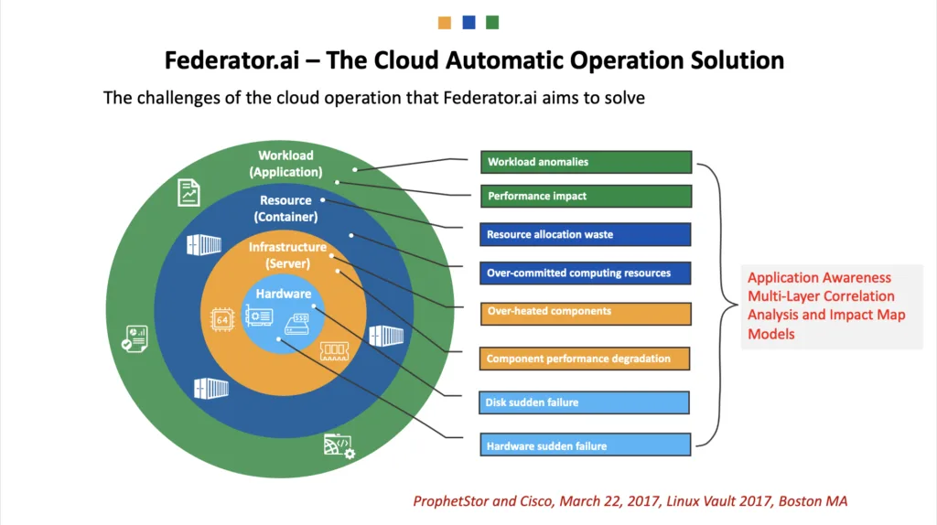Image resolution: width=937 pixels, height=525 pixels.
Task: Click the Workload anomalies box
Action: pos(586,162)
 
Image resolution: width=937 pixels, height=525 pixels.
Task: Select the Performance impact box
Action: pos(586,197)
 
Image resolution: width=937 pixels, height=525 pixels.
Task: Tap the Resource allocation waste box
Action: pos(585,235)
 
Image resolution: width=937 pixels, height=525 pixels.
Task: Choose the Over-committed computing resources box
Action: pos(585,273)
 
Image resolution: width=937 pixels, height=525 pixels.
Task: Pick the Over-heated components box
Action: pos(586,314)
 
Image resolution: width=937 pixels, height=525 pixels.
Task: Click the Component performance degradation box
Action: pos(585,359)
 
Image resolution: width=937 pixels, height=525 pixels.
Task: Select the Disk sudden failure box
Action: pos(584,402)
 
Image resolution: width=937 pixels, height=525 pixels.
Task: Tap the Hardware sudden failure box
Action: pos(585,445)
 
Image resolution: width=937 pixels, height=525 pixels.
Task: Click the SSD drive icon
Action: pos(297,324)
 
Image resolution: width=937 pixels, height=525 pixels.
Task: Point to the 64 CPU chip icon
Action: pos(221,319)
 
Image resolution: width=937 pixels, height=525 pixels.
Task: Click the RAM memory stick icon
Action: pos(334,350)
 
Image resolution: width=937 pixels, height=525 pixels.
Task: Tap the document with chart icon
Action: pos(188,193)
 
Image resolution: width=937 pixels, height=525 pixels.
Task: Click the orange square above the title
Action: pos(445,23)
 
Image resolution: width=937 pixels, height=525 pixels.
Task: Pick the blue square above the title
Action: pos(468,23)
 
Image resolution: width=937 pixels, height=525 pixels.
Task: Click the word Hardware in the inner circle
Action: pos(284,294)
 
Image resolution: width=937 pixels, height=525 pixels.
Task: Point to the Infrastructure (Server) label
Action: pos(287,255)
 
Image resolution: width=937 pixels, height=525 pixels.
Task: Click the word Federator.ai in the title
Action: pos(232,60)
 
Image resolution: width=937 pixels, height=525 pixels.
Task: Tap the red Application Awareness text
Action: pos(819,278)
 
